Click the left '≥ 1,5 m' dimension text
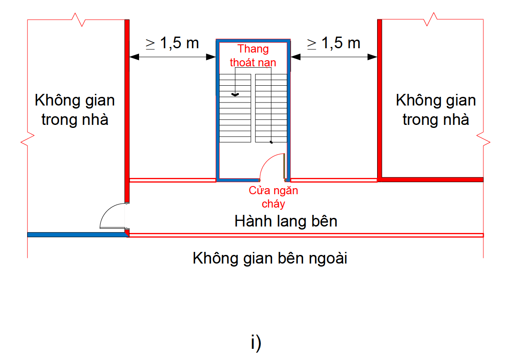click(x=172, y=43)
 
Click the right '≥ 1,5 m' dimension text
click(x=334, y=43)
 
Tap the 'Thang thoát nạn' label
click(x=253, y=56)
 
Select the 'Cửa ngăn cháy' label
click(x=273, y=197)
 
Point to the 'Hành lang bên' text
click(x=286, y=221)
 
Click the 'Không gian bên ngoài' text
click(x=270, y=259)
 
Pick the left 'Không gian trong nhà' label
click(x=75, y=110)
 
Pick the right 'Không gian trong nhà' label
click(x=436, y=110)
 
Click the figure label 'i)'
click(x=256, y=343)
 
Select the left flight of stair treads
click(x=235, y=108)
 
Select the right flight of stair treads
click(x=271, y=108)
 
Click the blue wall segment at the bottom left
click(x=75, y=235)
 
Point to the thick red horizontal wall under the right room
click(x=430, y=180)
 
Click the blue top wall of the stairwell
click(x=253, y=40)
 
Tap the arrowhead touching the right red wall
click(x=373, y=56)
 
